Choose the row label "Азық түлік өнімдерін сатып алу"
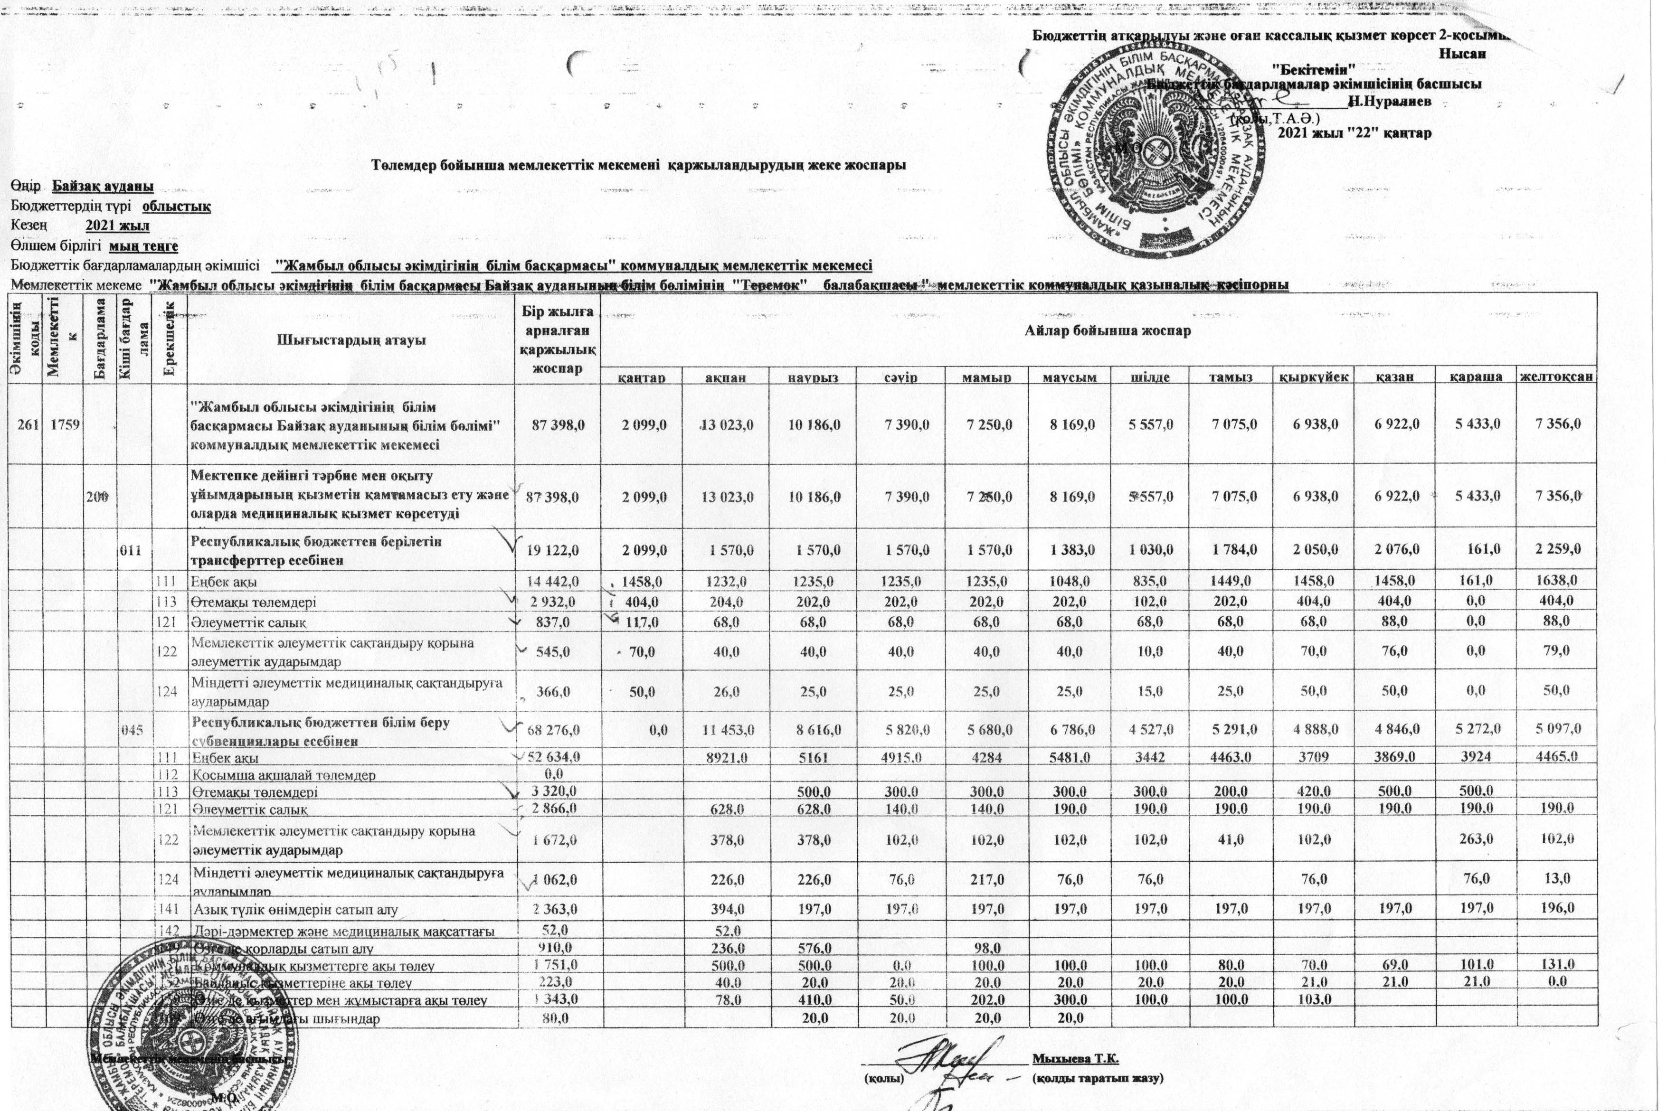[x=295, y=909]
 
